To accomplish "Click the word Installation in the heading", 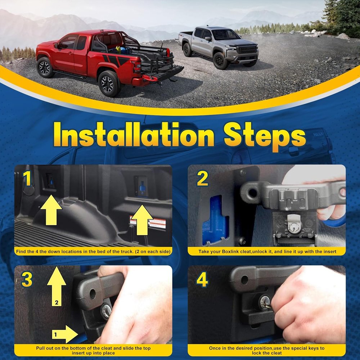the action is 134,135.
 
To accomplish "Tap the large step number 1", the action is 27,179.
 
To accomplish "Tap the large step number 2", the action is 202,178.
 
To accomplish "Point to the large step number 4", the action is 202,279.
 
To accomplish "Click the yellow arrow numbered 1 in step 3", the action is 65,334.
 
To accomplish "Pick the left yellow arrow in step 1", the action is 51,210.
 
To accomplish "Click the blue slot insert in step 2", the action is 215,220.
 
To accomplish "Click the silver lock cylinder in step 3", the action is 106,311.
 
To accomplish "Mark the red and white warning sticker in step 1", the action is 148,222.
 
